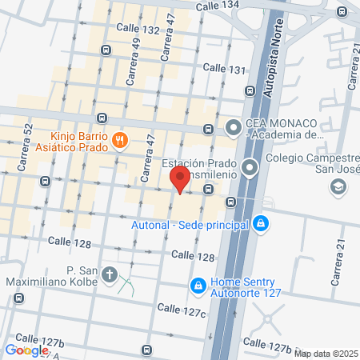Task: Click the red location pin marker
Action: (182, 179)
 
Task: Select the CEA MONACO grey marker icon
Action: (233, 127)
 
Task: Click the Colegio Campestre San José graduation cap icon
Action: (338, 186)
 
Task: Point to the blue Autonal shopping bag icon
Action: (259, 225)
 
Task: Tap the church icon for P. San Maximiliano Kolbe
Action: (109, 276)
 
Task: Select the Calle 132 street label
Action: (138, 28)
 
